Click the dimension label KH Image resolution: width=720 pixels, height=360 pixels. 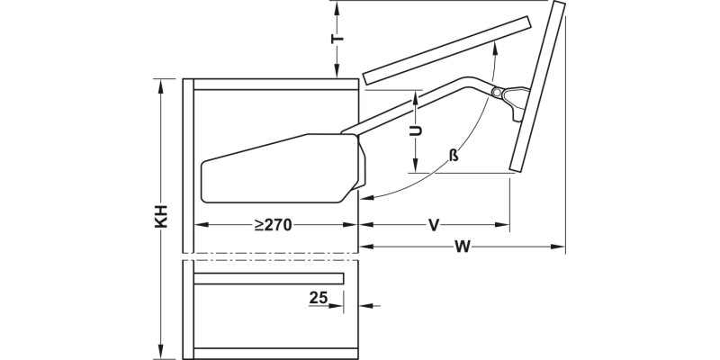161,217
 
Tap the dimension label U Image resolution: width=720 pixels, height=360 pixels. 415,130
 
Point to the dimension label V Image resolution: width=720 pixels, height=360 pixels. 433,225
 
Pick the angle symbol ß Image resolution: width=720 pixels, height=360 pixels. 454,156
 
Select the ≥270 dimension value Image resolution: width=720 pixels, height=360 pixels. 272,225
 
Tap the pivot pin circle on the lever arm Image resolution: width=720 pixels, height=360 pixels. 496,92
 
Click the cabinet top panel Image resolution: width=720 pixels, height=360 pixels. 275,85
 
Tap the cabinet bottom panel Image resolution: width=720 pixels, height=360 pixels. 275,351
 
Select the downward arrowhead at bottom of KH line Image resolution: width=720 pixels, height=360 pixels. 161,352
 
